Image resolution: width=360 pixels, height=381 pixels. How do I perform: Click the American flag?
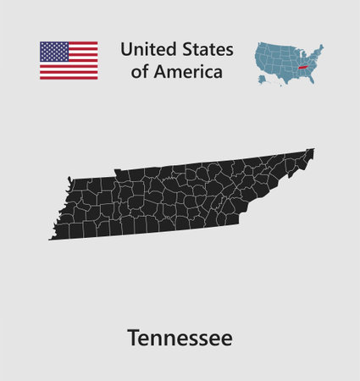click(x=69, y=60)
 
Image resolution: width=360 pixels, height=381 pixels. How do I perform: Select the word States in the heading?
click(x=202, y=48)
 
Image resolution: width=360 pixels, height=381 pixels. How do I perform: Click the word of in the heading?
click(x=140, y=72)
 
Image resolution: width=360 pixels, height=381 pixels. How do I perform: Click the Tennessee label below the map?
click(x=180, y=338)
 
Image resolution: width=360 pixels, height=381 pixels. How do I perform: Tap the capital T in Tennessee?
click(x=133, y=338)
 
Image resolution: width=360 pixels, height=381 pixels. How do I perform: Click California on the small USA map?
click(x=258, y=59)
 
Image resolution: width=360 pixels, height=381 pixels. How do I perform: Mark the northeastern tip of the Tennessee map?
click(x=312, y=151)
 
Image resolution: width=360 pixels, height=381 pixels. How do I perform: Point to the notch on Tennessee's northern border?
click(x=118, y=173)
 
